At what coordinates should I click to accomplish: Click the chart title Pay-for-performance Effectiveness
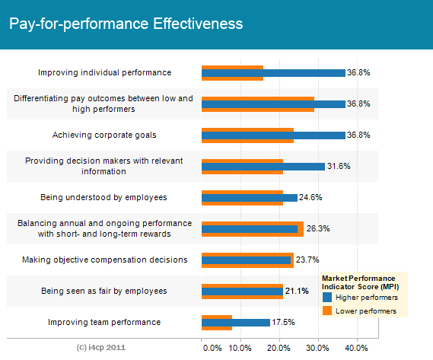point(126,24)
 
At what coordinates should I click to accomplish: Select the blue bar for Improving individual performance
point(273,73)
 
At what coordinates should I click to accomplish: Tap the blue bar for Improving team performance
point(236,323)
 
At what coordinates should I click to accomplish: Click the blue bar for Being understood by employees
point(250,198)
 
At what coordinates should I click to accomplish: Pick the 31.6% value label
point(339,166)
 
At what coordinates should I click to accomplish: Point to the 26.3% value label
point(318,228)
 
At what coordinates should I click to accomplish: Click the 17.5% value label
point(283,322)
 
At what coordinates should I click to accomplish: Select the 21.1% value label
point(297,291)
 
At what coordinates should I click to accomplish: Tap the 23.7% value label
point(307,260)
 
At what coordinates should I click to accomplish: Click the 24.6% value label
point(310,197)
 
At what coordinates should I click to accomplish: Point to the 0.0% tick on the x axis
point(212,348)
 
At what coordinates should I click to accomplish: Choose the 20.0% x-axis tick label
point(279,348)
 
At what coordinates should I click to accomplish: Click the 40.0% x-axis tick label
point(356,348)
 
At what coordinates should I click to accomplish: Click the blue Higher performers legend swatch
point(327,298)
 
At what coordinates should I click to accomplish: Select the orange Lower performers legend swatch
point(327,311)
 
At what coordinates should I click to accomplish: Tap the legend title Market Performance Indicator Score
point(361,282)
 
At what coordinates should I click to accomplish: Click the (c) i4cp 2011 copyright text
point(101,347)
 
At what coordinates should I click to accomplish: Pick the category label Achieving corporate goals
point(104,135)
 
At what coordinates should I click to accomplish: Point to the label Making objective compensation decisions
point(105,260)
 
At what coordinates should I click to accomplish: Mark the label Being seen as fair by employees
point(104,291)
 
